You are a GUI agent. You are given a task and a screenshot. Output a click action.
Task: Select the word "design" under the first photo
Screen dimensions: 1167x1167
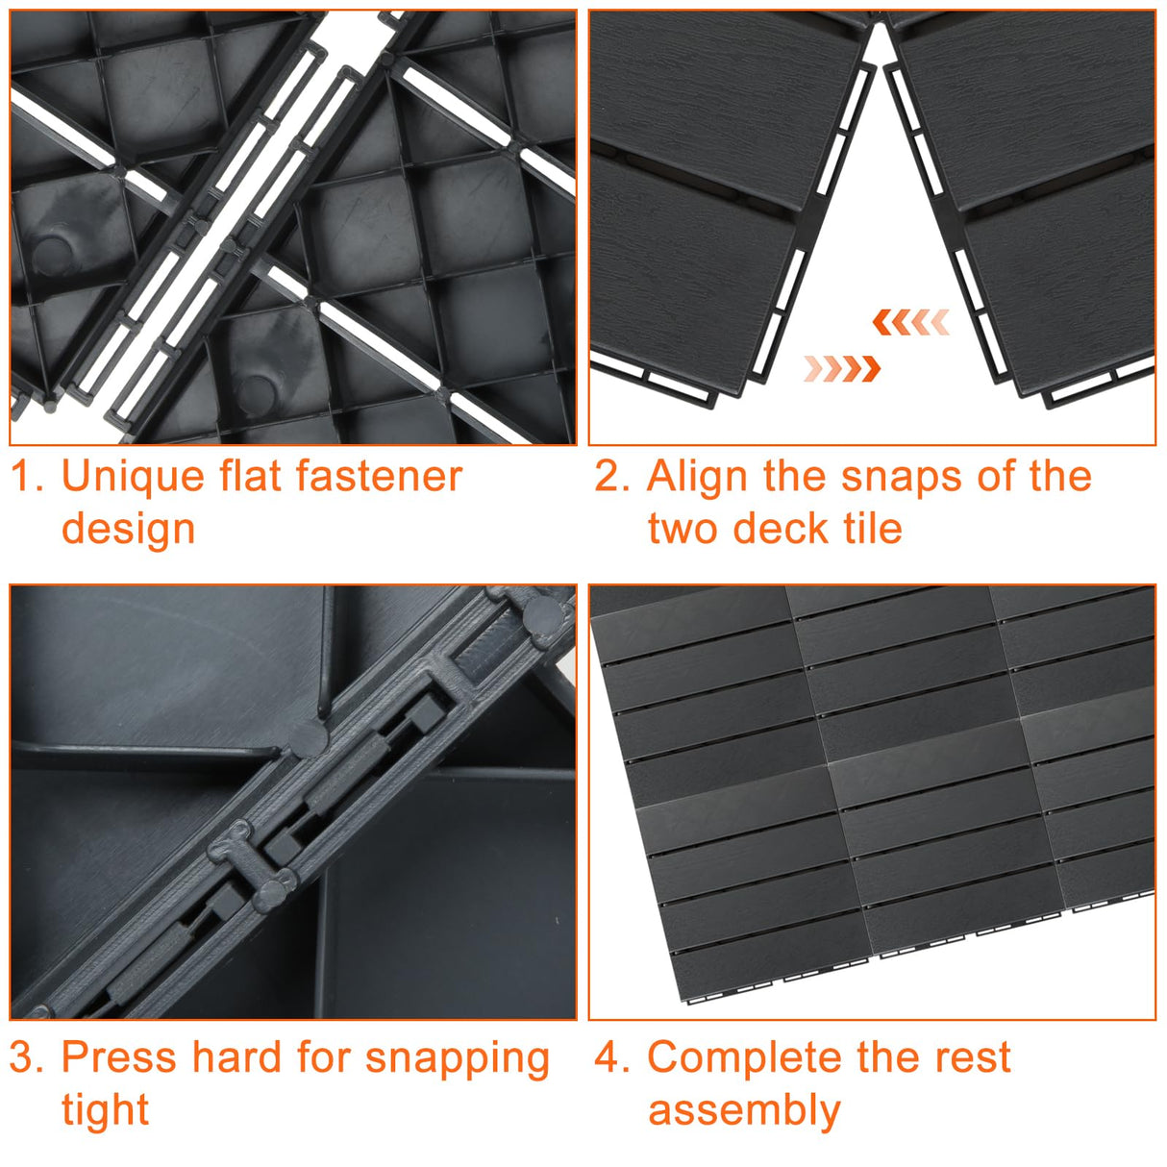128,529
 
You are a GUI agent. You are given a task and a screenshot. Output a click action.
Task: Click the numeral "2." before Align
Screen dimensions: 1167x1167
611,477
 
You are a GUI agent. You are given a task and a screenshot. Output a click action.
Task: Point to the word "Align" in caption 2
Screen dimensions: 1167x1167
696,477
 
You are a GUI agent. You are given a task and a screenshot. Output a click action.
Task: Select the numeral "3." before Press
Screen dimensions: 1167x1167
27,1057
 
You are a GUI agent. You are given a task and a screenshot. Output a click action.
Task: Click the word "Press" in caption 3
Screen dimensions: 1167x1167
118,1057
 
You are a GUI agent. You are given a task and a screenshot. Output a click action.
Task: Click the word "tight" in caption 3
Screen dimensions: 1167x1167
105,1110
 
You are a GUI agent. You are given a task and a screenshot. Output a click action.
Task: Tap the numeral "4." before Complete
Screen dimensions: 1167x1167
611,1057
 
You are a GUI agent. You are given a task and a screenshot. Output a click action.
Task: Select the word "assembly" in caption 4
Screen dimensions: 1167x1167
744,1111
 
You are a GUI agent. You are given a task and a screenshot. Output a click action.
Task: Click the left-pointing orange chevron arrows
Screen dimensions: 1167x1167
911,322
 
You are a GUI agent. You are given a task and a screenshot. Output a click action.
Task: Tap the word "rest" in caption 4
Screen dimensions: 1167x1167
970,1057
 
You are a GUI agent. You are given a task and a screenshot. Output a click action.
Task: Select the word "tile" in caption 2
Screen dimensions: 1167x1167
872,529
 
